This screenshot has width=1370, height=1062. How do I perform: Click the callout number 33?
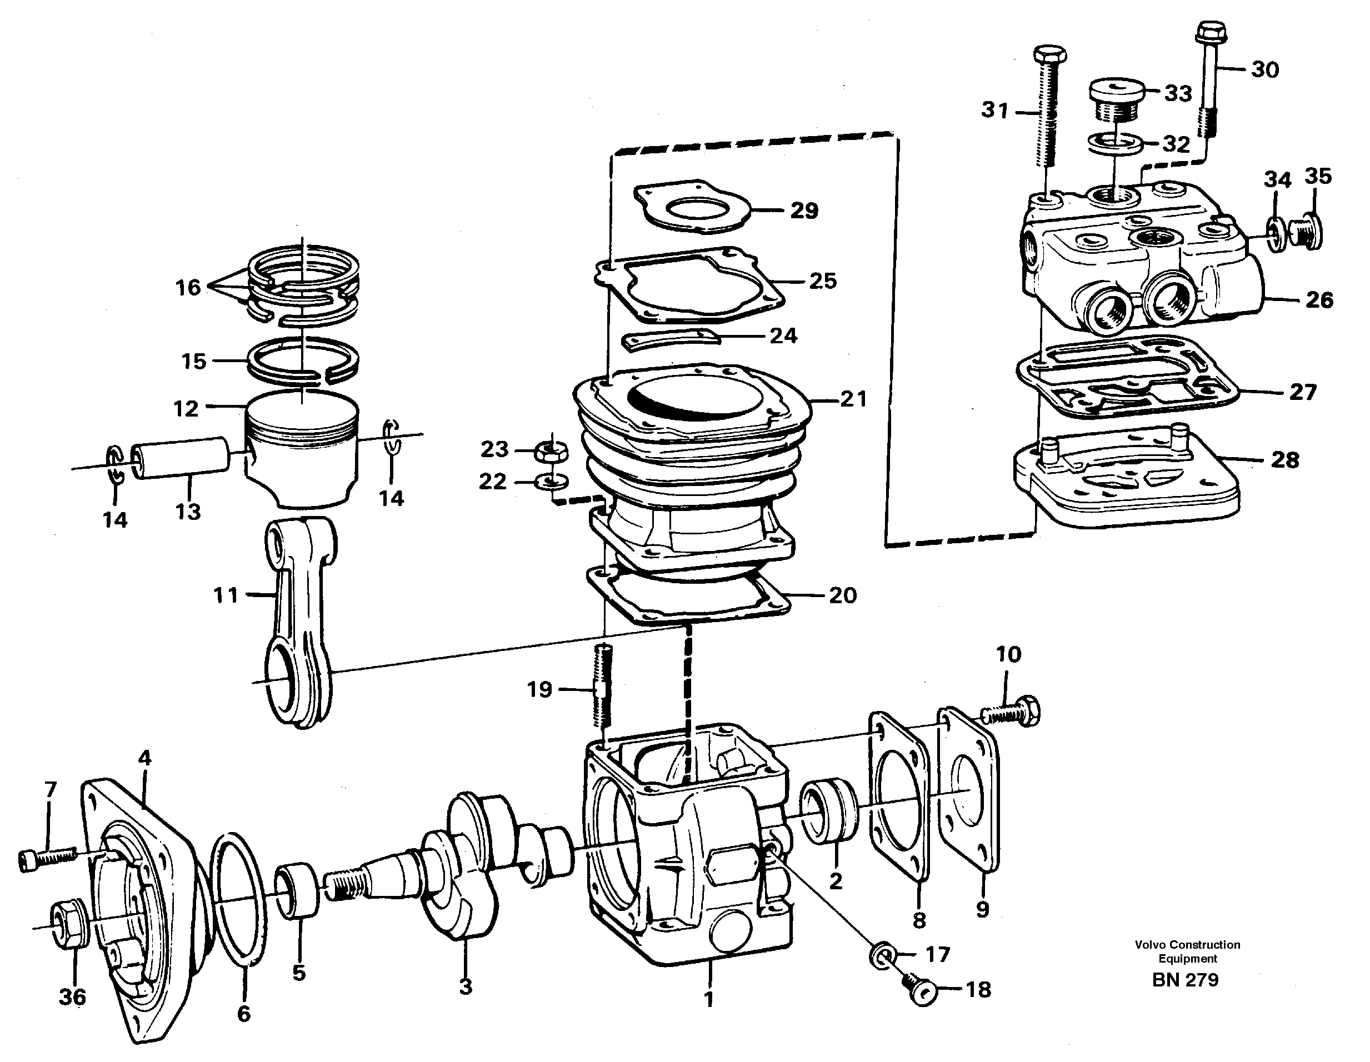(x=1178, y=93)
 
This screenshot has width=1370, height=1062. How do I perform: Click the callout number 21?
(x=853, y=398)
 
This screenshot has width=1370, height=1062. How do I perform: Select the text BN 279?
(x=1185, y=980)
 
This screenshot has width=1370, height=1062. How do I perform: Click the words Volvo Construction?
(x=1187, y=945)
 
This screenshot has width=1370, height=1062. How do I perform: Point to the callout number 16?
(x=188, y=287)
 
